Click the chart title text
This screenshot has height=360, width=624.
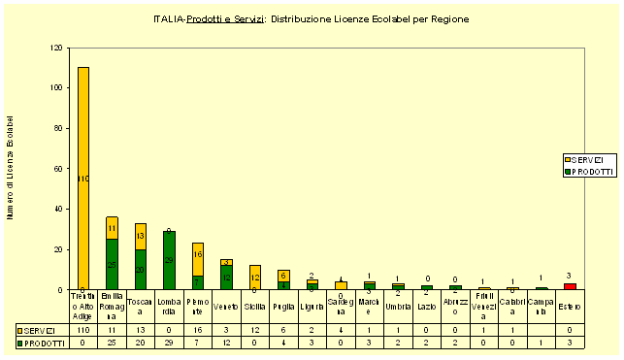(312, 19)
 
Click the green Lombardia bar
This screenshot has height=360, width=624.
(169, 260)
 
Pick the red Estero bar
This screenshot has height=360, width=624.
(570, 286)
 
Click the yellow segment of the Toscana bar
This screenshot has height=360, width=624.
(141, 236)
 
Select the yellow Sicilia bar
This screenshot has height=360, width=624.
(255, 277)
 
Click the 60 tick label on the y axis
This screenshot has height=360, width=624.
(60, 169)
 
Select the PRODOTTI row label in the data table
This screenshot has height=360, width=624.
(44, 343)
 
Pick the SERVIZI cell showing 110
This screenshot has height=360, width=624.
(83, 330)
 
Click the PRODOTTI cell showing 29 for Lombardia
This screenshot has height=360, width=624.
(169, 343)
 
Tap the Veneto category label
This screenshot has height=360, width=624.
(226, 307)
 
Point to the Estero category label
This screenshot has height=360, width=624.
(570, 307)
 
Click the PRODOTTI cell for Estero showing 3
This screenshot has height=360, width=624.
(570, 343)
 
